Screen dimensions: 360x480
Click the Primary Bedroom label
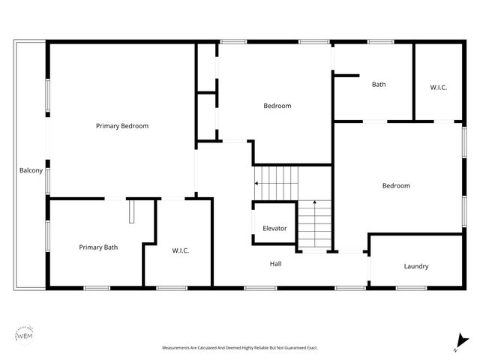pyautogui.click(x=122, y=126)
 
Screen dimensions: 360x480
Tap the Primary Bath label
pyautogui.click(x=98, y=247)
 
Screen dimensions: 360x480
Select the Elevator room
pyautogui.click(x=274, y=228)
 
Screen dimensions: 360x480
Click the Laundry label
pyautogui.click(x=416, y=266)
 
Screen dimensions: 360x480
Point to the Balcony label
pyautogui.click(x=30, y=171)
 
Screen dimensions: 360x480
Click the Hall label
pyautogui.click(x=276, y=263)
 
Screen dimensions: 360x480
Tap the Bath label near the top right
pyautogui.click(x=379, y=85)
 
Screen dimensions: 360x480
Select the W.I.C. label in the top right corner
pyautogui.click(x=439, y=88)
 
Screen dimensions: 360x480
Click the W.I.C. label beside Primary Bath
pyautogui.click(x=181, y=250)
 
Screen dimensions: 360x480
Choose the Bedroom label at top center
pyautogui.click(x=277, y=106)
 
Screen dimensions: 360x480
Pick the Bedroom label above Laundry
pyautogui.click(x=396, y=185)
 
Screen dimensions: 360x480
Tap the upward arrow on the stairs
pyautogui.click(x=314, y=204)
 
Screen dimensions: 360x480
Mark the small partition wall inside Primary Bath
pyautogui.click(x=130, y=211)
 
